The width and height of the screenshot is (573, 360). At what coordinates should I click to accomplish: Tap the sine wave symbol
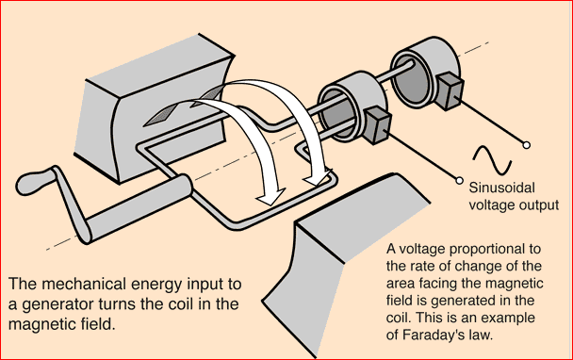[492, 159]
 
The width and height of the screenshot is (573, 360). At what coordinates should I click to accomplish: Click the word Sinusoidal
[501, 188]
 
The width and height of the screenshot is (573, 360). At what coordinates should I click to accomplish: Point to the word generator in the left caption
[57, 304]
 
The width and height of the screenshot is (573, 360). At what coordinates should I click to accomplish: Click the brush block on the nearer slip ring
[377, 124]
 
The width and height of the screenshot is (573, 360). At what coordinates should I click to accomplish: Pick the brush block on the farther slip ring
[450, 90]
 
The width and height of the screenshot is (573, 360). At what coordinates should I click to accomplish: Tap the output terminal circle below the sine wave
[459, 181]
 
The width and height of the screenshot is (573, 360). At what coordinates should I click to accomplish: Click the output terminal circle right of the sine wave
[526, 145]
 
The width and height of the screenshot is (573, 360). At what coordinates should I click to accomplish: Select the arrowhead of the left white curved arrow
[270, 197]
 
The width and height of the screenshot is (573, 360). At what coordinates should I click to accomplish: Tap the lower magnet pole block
[343, 255]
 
